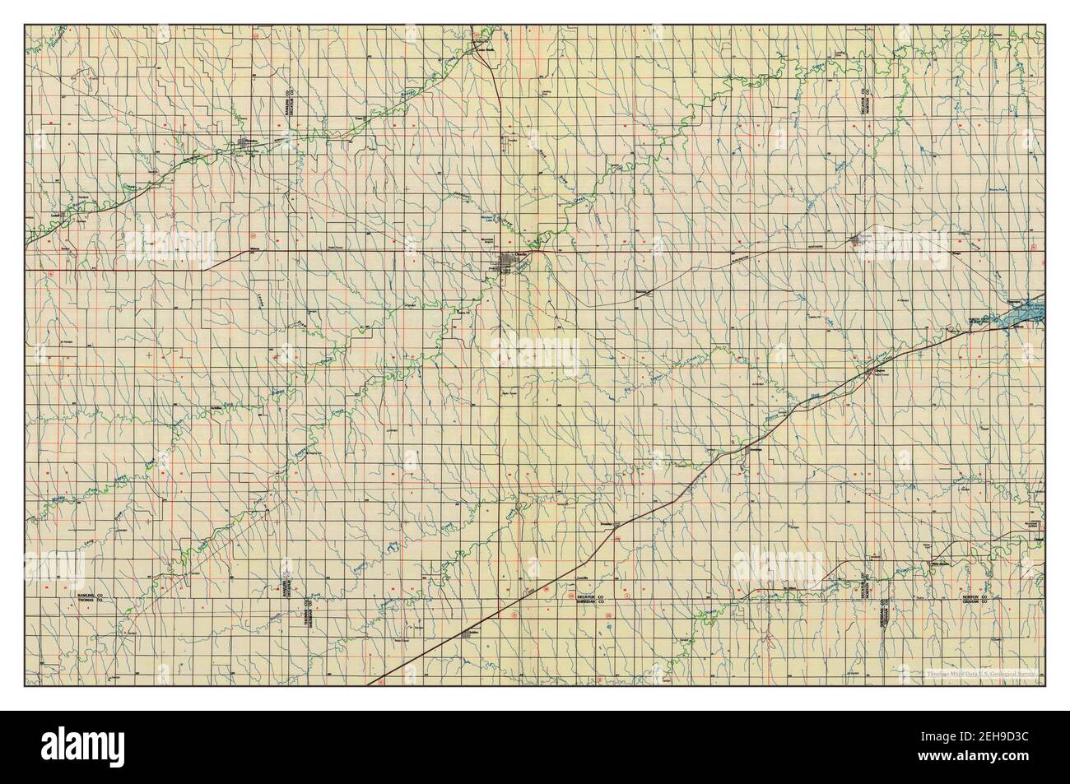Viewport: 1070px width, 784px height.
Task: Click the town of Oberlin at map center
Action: pyautogui.click(x=506, y=262)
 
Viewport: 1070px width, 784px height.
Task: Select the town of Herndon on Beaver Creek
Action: pyautogui.click(x=246, y=146)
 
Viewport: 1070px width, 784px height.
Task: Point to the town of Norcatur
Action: pyautogui.click(x=860, y=240)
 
